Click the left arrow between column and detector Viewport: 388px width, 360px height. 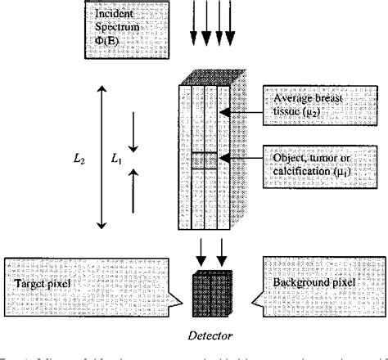pos(200,249)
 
